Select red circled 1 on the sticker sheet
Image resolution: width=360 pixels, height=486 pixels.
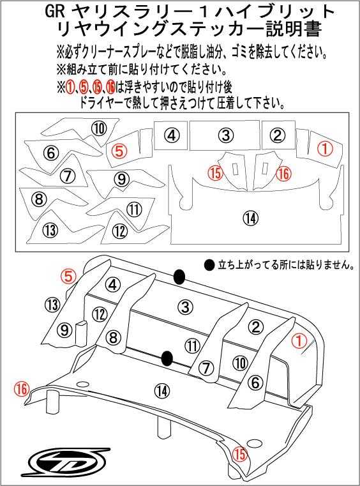click(325, 149)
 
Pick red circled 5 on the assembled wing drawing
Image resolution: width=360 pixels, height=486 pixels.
click(68, 275)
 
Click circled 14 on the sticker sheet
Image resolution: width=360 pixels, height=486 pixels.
click(251, 218)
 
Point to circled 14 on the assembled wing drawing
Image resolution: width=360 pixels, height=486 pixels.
click(161, 390)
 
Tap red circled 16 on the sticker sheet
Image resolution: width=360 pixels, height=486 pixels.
click(283, 172)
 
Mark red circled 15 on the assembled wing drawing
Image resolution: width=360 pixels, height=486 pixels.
click(239, 454)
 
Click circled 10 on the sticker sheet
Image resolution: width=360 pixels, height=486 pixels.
click(98, 128)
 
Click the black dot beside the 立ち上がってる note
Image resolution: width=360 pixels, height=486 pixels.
click(208, 264)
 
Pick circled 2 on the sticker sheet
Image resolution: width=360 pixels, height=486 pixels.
click(276, 135)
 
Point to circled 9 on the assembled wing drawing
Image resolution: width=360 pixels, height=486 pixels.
click(64, 330)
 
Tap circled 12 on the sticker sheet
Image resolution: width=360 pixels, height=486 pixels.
click(119, 231)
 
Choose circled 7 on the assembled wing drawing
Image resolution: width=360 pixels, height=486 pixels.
click(205, 367)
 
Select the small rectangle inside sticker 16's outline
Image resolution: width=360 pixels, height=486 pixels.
click(264, 168)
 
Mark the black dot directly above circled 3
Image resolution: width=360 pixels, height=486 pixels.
click(179, 277)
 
